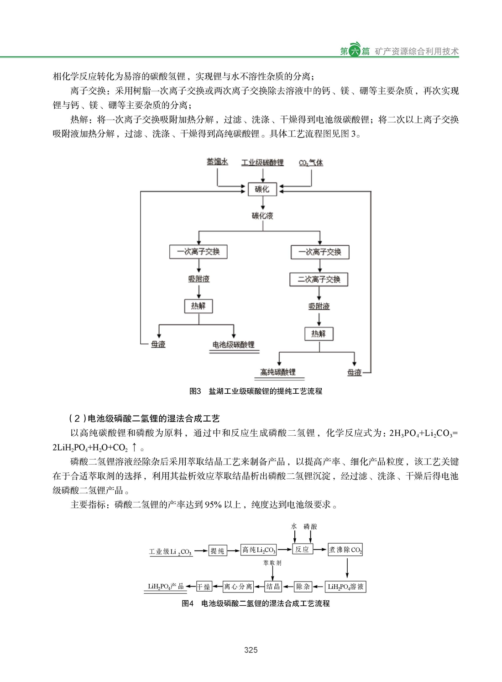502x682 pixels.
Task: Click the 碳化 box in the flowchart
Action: [262, 189]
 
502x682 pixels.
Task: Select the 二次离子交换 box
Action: [319, 279]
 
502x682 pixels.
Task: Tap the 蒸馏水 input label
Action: [217, 162]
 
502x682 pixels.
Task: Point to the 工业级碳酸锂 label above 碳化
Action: [262, 162]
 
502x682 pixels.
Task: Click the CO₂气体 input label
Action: [311, 163]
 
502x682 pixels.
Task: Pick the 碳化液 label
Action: [262, 216]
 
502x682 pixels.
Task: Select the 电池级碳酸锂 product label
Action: [233, 344]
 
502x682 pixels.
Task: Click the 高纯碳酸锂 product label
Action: [277, 372]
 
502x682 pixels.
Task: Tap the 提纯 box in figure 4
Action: [217, 551]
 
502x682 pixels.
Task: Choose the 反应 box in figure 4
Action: [302, 550]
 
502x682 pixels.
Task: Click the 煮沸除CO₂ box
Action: [345, 550]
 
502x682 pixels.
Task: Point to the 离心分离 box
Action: [238, 587]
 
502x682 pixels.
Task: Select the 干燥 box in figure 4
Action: [204, 587]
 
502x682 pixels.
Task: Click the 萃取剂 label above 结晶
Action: [272, 563]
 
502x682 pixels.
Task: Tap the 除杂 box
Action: [303, 587]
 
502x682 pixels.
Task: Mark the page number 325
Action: [251, 650]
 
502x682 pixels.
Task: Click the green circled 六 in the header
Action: [355, 51]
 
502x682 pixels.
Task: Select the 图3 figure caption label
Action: [195, 391]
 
